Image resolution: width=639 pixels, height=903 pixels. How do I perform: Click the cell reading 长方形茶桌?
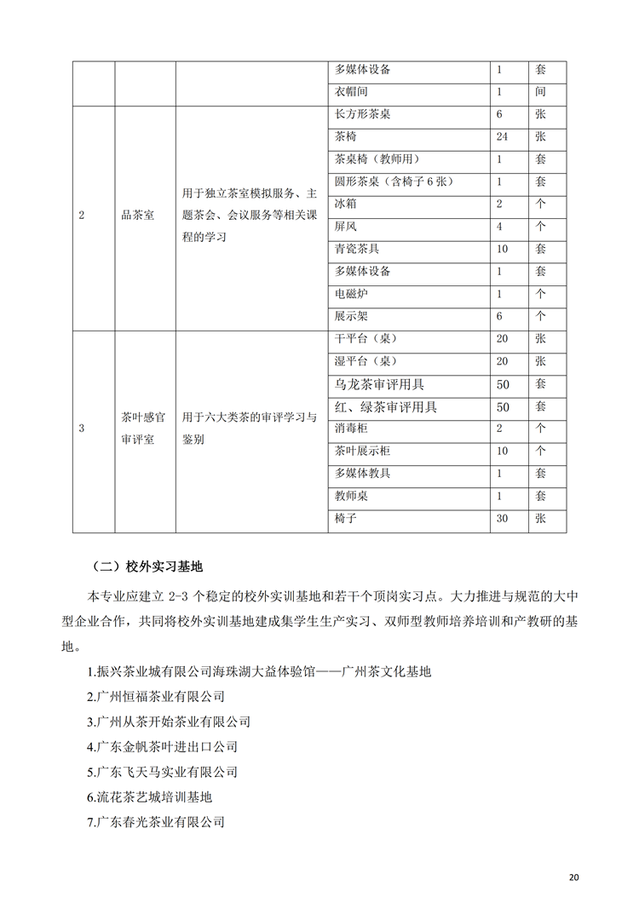point(364,114)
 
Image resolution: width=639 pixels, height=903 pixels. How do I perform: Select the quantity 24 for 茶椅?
point(504,136)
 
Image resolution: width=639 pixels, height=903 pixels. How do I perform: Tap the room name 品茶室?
point(137,216)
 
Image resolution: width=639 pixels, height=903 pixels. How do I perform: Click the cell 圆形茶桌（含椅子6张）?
point(397,181)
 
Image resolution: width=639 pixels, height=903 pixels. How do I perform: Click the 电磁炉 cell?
point(352,293)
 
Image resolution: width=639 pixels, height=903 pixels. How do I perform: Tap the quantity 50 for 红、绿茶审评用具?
point(503,406)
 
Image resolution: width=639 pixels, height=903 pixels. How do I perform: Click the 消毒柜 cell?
point(352,428)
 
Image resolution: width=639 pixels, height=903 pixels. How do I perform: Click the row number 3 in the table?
point(82,428)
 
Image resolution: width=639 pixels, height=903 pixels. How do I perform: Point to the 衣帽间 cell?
point(352,91)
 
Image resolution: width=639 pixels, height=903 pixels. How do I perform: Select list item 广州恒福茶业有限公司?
point(156,696)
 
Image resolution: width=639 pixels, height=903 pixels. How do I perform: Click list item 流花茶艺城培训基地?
point(149,797)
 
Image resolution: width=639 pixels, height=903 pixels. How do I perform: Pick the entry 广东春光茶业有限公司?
point(156,823)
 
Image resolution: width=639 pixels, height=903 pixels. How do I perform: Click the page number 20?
point(573,877)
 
